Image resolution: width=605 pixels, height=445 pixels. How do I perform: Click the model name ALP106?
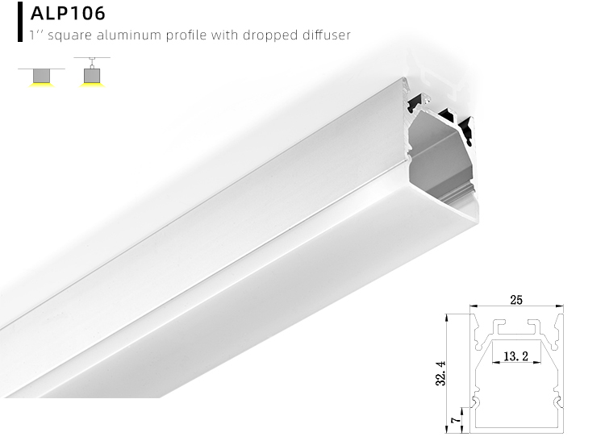pos(68,15)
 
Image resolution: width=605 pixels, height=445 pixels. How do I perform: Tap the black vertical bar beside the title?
pos(19,21)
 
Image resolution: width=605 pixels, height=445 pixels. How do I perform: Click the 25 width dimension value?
pos(516,300)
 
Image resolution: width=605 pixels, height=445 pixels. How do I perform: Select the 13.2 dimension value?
pos(515,355)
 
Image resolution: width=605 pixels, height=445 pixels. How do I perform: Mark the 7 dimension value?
pos(456,420)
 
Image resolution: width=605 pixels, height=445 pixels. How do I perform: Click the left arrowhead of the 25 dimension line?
pos(475,306)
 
